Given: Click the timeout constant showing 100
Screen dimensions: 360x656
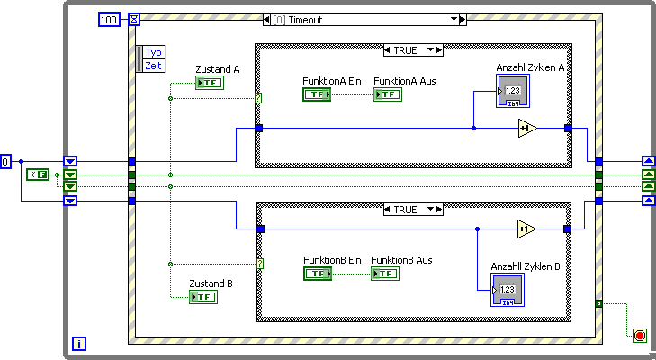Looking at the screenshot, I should coord(108,19).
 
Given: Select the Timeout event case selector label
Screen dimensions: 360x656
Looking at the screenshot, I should coord(363,19).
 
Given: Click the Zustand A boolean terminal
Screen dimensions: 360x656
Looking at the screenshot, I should coord(209,83).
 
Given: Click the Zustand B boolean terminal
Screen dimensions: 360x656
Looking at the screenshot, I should coord(202,297).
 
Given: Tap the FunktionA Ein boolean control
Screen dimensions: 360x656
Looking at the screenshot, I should coord(316,94).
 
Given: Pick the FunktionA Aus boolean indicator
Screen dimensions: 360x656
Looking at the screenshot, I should coord(387,94).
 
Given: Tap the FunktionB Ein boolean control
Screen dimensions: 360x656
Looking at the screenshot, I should coord(318,274).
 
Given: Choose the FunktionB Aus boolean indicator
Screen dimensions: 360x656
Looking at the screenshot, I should coord(384,274).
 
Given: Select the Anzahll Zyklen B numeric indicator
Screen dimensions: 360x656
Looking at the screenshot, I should coord(508,291).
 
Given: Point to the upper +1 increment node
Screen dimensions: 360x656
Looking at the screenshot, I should coord(526,129).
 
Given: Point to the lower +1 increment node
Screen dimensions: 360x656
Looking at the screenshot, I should coord(526,229).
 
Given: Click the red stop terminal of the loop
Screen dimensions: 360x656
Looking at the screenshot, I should coord(640,336).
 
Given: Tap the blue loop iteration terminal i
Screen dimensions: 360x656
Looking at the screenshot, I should coord(79,344).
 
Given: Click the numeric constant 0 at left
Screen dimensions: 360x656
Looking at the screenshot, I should coord(6,162).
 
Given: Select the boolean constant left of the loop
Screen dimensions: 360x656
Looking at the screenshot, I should coord(37,174).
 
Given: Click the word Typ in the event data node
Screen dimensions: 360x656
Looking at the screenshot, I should coord(154,52).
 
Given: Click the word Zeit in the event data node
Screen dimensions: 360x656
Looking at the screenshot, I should coord(154,66).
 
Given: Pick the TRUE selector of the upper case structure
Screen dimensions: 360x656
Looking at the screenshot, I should coord(412,50).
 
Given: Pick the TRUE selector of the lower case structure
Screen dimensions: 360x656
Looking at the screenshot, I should coord(412,210).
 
